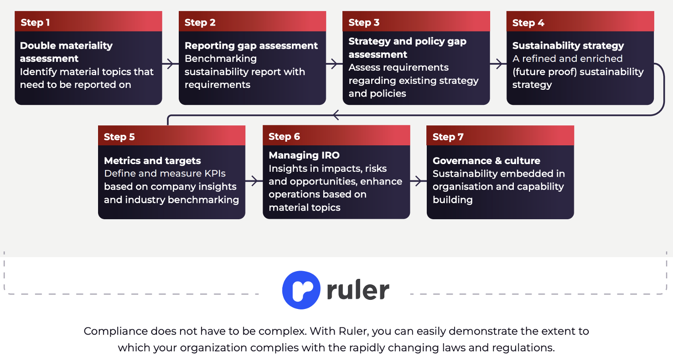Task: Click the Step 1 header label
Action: pos(35,22)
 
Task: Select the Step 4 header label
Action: pos(528,23)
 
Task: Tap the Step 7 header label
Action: pos(448,137)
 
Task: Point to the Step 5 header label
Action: pos(119,137)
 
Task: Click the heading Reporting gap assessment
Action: pos(251,46)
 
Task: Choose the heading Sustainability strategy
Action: pos(568,46)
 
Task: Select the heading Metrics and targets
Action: pos(152,161)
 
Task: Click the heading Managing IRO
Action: pos(304,155)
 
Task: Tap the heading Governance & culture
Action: pos(487,161)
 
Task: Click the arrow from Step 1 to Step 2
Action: pos(171,64)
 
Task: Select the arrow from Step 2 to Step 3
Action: pos(334,64)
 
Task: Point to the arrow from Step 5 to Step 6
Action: pos(254,181)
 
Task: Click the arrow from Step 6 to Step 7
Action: pos(418,181)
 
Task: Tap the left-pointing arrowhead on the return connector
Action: pos(336,115)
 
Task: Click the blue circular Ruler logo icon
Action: pos(301,290)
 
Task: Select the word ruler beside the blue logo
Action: pos(358,290)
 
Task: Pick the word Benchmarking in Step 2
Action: pos(221,59)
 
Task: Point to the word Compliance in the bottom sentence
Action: pos(115,331)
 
